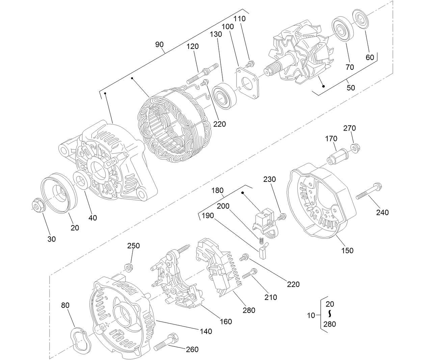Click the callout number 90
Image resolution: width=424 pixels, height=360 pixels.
(x=159, y=45)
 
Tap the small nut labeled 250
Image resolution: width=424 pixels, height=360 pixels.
(x=129, y=268)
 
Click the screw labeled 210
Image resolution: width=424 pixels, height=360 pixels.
(x=250, y=273)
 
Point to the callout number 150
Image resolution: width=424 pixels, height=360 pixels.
(x=347, y=250)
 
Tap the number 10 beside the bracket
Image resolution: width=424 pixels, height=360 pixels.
(x=311, y=315)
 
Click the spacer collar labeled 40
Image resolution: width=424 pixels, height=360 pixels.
(x=82, y=180)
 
